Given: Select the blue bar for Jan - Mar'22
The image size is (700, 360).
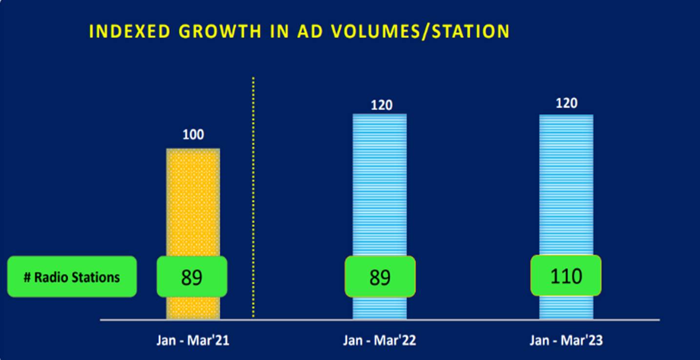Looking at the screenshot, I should tap(379, 185).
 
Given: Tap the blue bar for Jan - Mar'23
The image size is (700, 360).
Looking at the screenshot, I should tap(566, 185).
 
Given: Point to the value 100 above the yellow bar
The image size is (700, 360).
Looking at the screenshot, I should tap(193, 135).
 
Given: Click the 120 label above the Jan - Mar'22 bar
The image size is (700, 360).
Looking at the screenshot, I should tap(381, 105).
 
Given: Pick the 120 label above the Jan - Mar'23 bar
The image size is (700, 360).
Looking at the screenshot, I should tap(566, 103).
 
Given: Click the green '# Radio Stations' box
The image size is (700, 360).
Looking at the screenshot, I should tap(72, 277).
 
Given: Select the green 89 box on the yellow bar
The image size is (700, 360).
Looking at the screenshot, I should tap(192, 277).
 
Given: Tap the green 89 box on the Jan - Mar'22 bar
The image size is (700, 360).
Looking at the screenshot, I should tap(380, 277).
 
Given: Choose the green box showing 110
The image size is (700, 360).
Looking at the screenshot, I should tap(566, 276).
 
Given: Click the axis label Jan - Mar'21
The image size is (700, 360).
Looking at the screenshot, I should tap(193, 340).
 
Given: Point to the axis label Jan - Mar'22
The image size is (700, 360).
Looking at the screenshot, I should tap(379, 340).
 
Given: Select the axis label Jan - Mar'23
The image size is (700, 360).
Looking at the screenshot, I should tap(566, 340).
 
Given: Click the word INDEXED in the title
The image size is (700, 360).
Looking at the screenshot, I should tap(129, 32).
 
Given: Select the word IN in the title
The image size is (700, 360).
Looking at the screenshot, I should tap(281, 32).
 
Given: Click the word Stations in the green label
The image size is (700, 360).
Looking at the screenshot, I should tap(96, 278).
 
